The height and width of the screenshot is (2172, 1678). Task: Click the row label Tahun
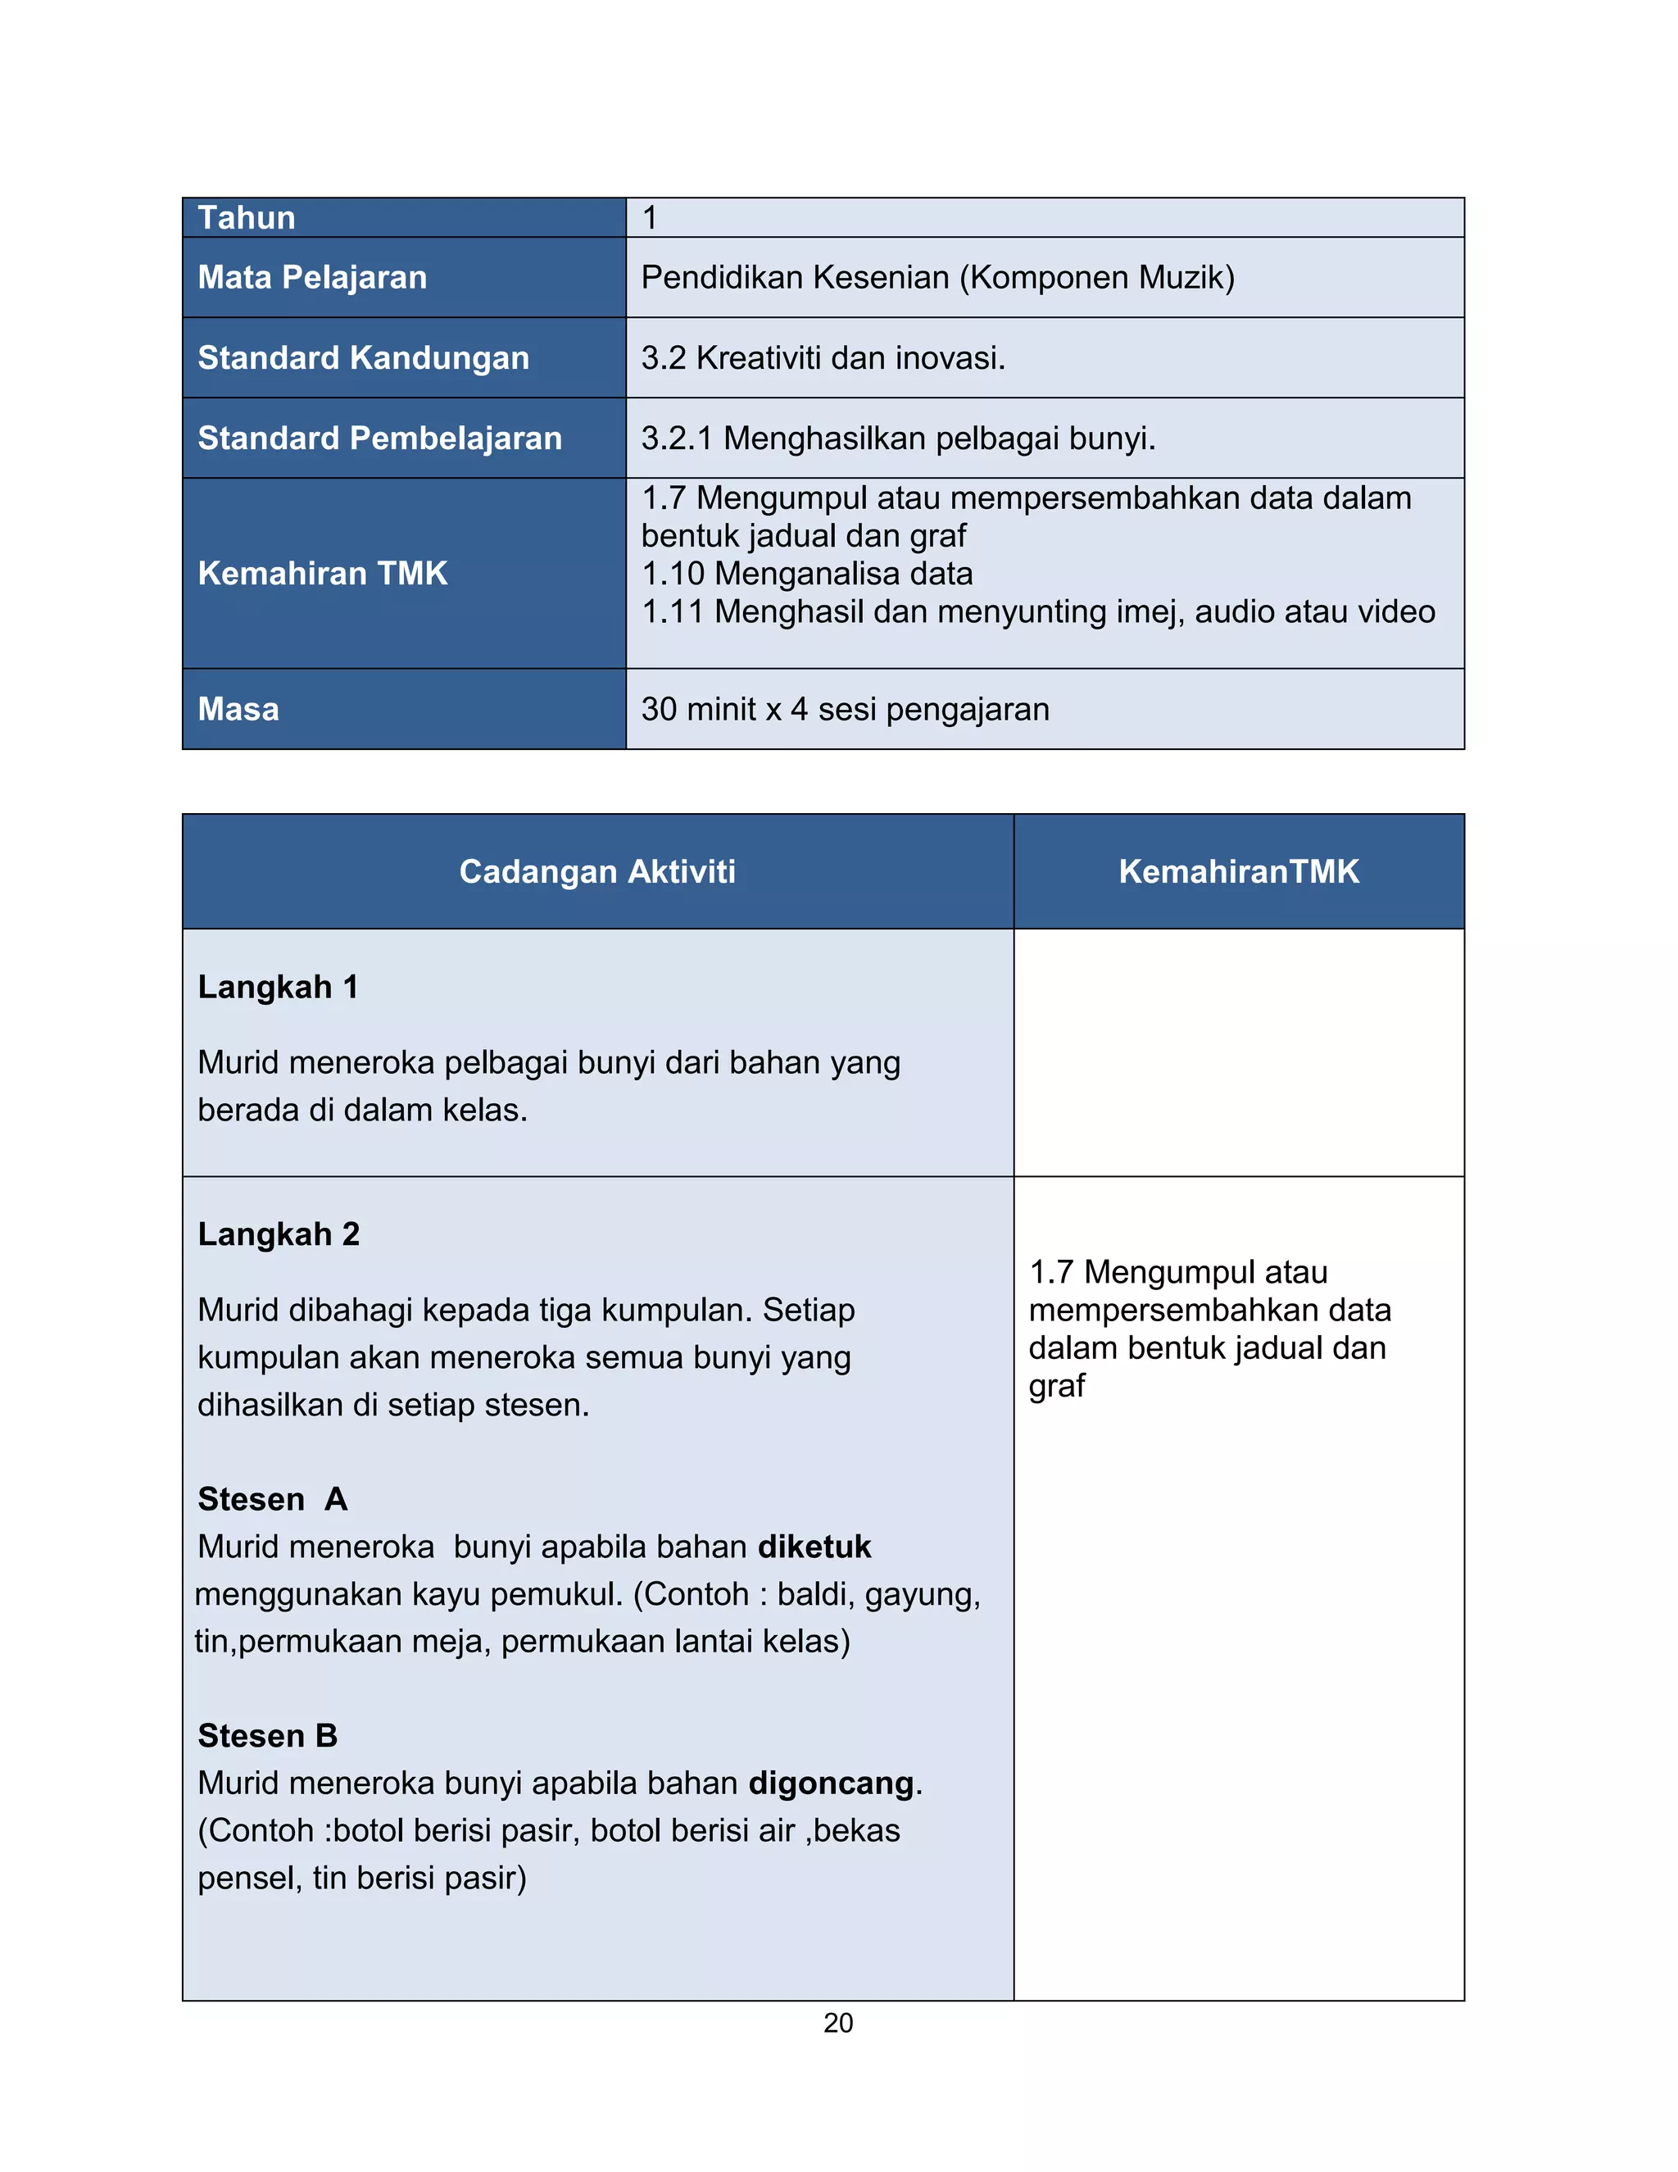click(x=247, y=218)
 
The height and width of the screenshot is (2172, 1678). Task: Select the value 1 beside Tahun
click(x=649, y=218)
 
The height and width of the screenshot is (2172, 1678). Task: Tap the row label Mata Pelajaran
click(x=312, y=278)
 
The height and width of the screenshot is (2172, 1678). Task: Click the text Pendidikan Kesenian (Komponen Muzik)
click(x=937, y=278)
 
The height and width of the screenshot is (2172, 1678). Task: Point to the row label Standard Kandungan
click(x=363, y=358)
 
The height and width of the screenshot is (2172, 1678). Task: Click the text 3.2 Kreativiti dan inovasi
click(x=823, y=358)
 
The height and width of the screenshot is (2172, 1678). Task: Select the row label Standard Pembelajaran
click(x=379, y=438)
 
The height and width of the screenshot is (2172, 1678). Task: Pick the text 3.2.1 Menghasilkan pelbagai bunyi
click(x=898, y=438)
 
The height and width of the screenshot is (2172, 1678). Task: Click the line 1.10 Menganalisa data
click(x=806, y=574)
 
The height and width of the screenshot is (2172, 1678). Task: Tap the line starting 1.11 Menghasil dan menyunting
click(x=1038, y=611)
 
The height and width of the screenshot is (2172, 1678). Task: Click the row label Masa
click(x=238, y=709)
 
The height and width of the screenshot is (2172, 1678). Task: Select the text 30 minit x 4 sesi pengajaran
click(x=845, y=709)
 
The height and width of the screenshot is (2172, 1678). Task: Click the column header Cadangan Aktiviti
click(x=597, y=871)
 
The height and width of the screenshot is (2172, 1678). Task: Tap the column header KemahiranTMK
click(x=1239, y=871)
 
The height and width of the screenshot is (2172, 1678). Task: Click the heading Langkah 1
click(x=278, y=987)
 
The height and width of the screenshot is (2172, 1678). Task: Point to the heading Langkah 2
click(x=279, y=1234)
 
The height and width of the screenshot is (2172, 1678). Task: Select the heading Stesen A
click(x=272, y=1499)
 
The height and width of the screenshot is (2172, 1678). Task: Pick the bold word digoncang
click(x=831, y=1783)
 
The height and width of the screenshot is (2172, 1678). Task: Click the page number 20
click(x=838, y=2023)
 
